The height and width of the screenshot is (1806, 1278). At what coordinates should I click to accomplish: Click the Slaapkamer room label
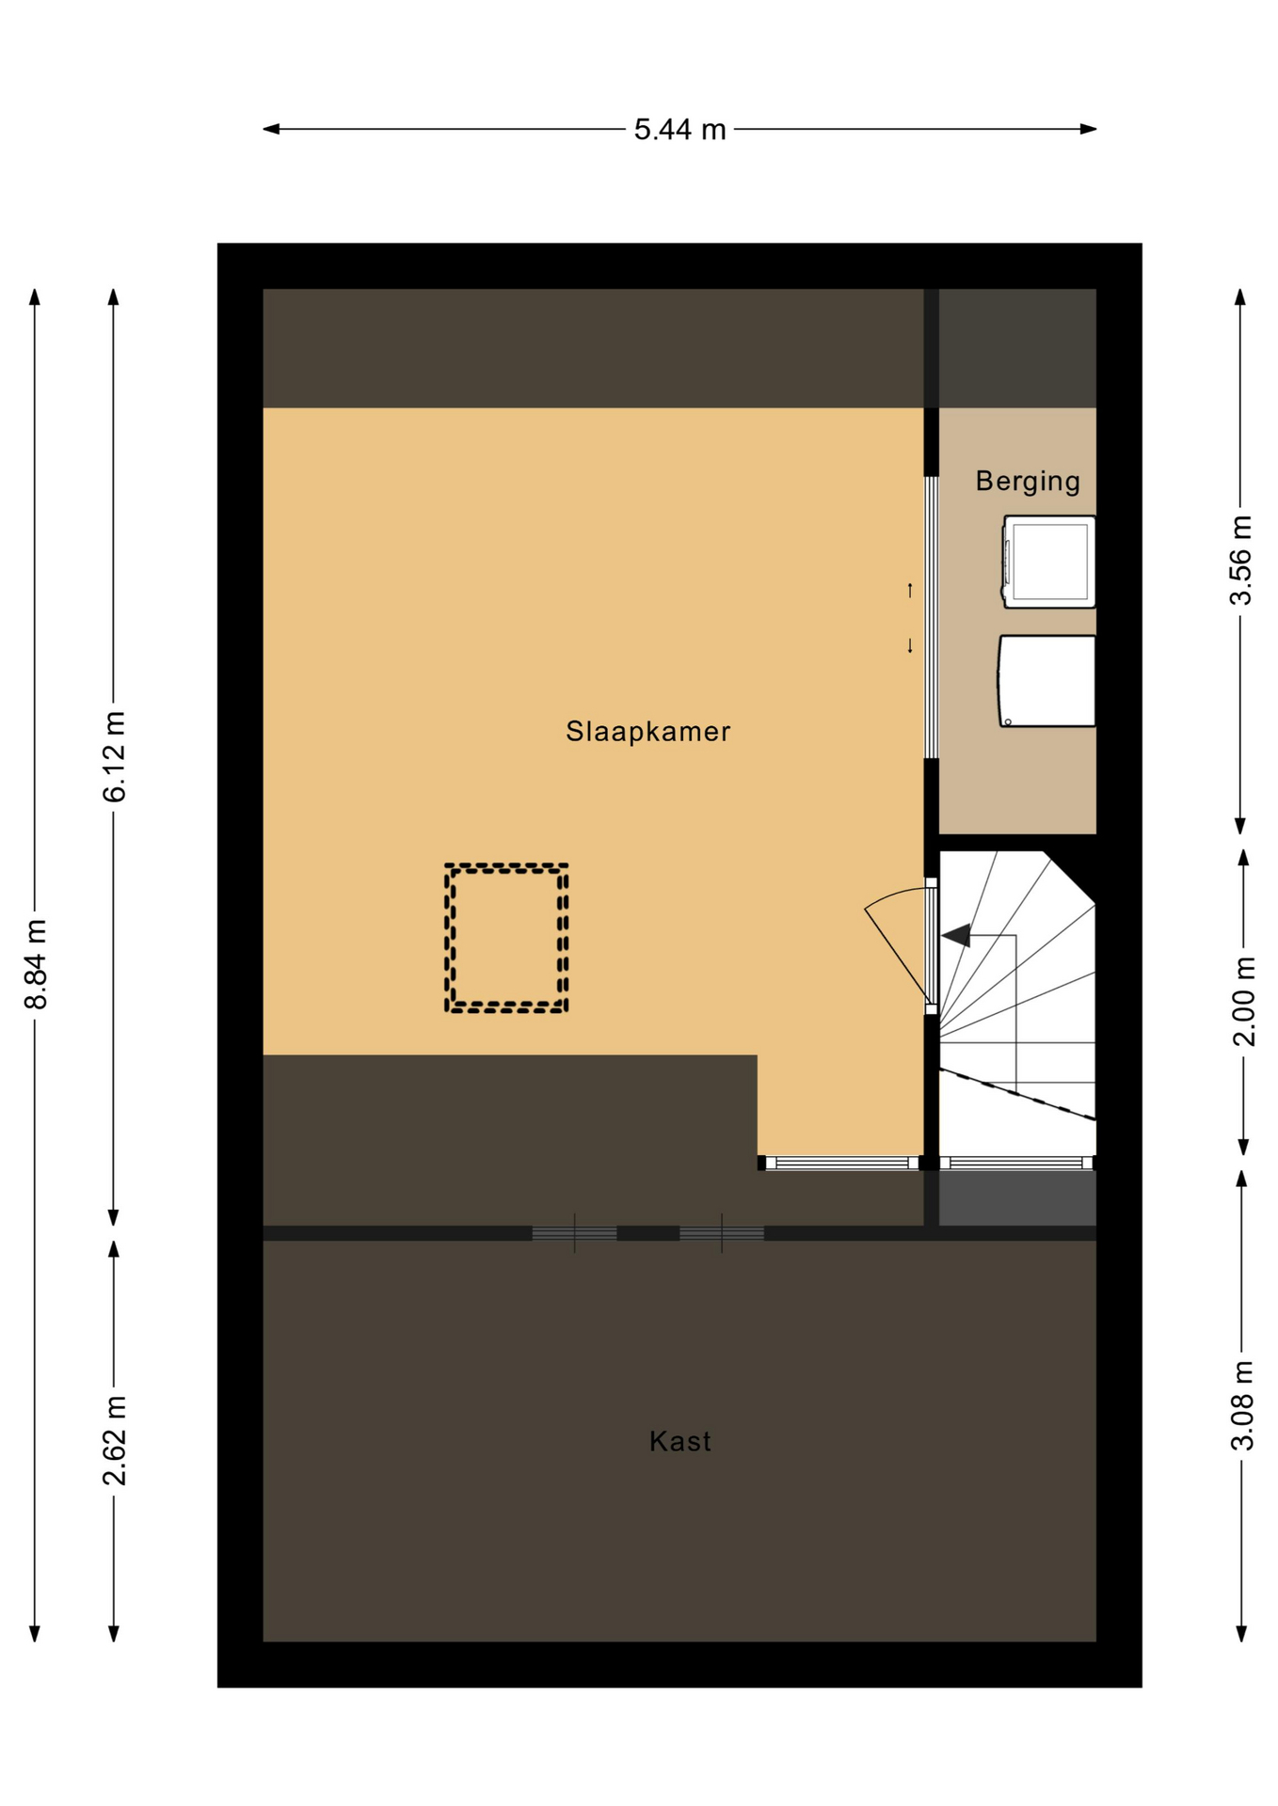pos(647,732)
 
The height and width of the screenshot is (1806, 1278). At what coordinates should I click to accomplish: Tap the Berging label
pos(1028,482)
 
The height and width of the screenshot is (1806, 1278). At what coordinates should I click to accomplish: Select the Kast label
pos(679,1441)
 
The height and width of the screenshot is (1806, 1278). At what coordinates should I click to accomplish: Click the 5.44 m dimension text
pos(679,130)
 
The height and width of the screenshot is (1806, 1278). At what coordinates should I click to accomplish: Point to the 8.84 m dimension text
pos(36,964)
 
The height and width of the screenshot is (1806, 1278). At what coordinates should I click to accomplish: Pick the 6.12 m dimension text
pos(114,757)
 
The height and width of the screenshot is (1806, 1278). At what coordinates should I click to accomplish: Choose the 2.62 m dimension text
pos(114,1441)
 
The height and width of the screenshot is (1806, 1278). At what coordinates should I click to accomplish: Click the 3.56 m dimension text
pos(1241,561)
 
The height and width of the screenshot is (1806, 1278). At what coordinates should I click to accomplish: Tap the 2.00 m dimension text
pos(1243,1001)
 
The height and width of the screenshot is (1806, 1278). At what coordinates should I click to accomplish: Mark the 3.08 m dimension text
pos(1242,1405)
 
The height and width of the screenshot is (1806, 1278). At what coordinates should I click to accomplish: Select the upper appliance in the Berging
pos(1048,562)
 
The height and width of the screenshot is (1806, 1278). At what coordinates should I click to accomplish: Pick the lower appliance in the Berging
pos(1046,681)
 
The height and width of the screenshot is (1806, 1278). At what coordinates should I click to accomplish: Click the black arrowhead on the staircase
pos(956,935)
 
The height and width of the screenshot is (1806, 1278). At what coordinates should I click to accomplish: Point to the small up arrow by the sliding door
pos(910,590)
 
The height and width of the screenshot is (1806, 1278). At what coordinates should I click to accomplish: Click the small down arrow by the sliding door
pos(910,645)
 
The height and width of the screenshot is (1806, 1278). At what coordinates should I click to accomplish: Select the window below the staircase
pos(1017,1163)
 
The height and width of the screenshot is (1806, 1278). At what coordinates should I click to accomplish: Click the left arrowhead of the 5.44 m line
pos(271,129)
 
